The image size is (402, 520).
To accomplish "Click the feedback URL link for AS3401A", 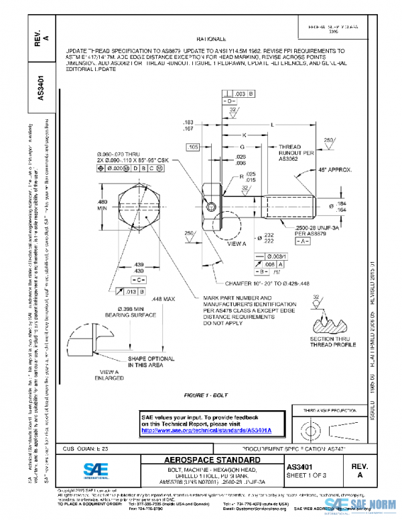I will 210,429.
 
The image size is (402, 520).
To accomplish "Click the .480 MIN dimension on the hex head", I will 103,204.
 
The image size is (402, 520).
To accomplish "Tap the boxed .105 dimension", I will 194,146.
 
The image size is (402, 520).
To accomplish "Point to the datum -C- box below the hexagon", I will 137,278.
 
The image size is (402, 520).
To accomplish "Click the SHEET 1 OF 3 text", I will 307,474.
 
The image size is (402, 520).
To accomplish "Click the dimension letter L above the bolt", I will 271,125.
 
